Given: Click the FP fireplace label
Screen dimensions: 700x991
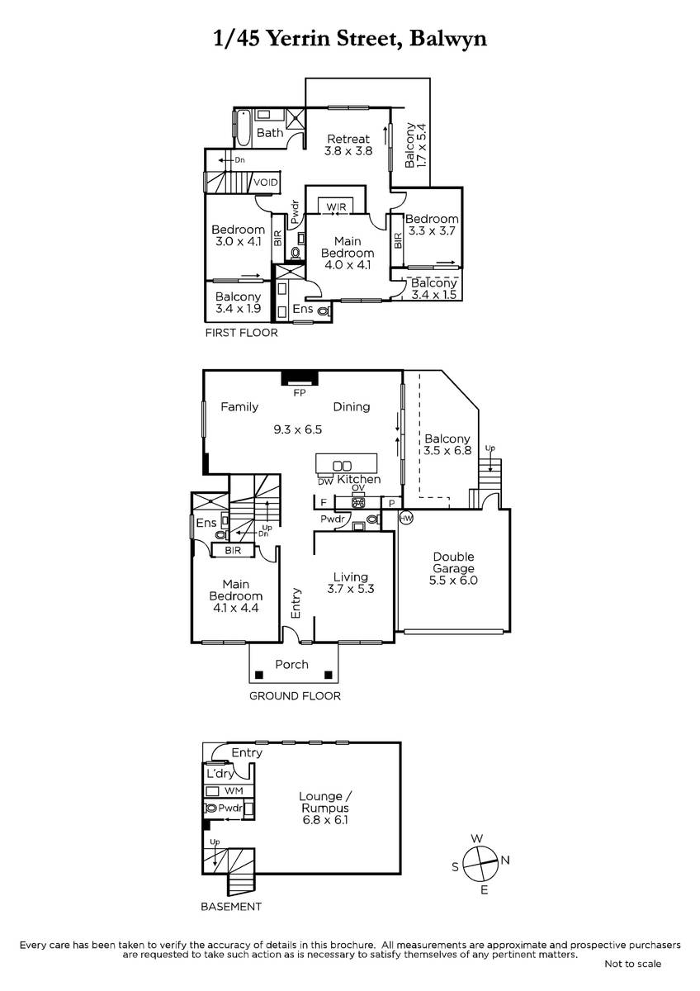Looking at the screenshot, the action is coord(300,392).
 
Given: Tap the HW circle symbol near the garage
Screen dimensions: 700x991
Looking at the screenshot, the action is coord(406,518).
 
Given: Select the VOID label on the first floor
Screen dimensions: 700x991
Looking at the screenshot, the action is coord(265,183).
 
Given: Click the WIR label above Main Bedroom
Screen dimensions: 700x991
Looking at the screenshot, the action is coord(336,206).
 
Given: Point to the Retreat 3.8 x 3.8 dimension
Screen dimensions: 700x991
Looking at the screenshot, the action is coord(348,151).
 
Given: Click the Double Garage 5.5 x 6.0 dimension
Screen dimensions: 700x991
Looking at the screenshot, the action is coord(453,581).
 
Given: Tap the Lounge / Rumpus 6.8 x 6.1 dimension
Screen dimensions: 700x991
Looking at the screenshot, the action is coord(325,820).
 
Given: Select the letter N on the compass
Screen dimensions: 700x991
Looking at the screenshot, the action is coord(505,860).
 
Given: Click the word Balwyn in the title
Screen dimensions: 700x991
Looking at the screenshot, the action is coord(448,39).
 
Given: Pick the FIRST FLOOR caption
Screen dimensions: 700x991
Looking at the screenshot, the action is coord(241,333).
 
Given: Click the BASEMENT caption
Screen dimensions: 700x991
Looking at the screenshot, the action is coord(231,907).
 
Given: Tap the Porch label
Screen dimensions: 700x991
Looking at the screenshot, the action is coord(291,664).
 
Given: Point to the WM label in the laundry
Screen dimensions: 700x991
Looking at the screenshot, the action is coord(234,790).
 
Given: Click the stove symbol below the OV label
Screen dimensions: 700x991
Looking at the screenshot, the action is coord(357,502).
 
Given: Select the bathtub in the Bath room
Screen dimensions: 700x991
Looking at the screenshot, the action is coord(243,129).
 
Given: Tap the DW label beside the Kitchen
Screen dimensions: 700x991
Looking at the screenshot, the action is coord(325,481).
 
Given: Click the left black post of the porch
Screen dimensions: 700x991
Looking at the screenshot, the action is coord(259,676).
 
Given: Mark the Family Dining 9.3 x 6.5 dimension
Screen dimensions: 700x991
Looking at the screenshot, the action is coord(298,429).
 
